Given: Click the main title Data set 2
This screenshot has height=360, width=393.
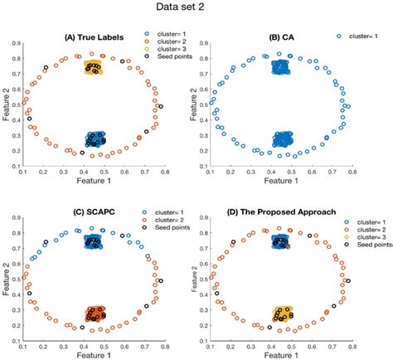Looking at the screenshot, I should pyautogui.click(x=196, y=9).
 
